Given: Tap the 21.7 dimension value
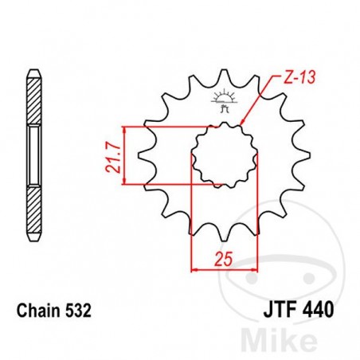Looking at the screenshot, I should [115, 155].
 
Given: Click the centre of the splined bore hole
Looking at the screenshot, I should [225, 155].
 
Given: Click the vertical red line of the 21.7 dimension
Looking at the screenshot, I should [124, 155].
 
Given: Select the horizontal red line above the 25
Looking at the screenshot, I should [225, 268].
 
